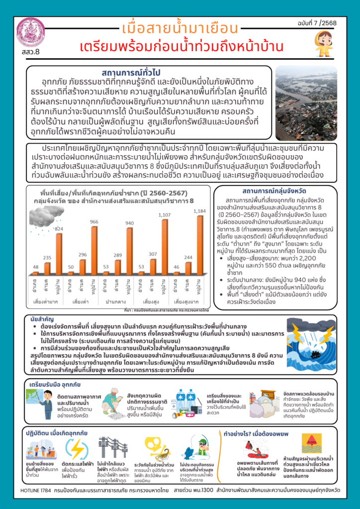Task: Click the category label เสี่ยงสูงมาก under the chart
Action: point(188,302)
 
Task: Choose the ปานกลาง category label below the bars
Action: point(115,302)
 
